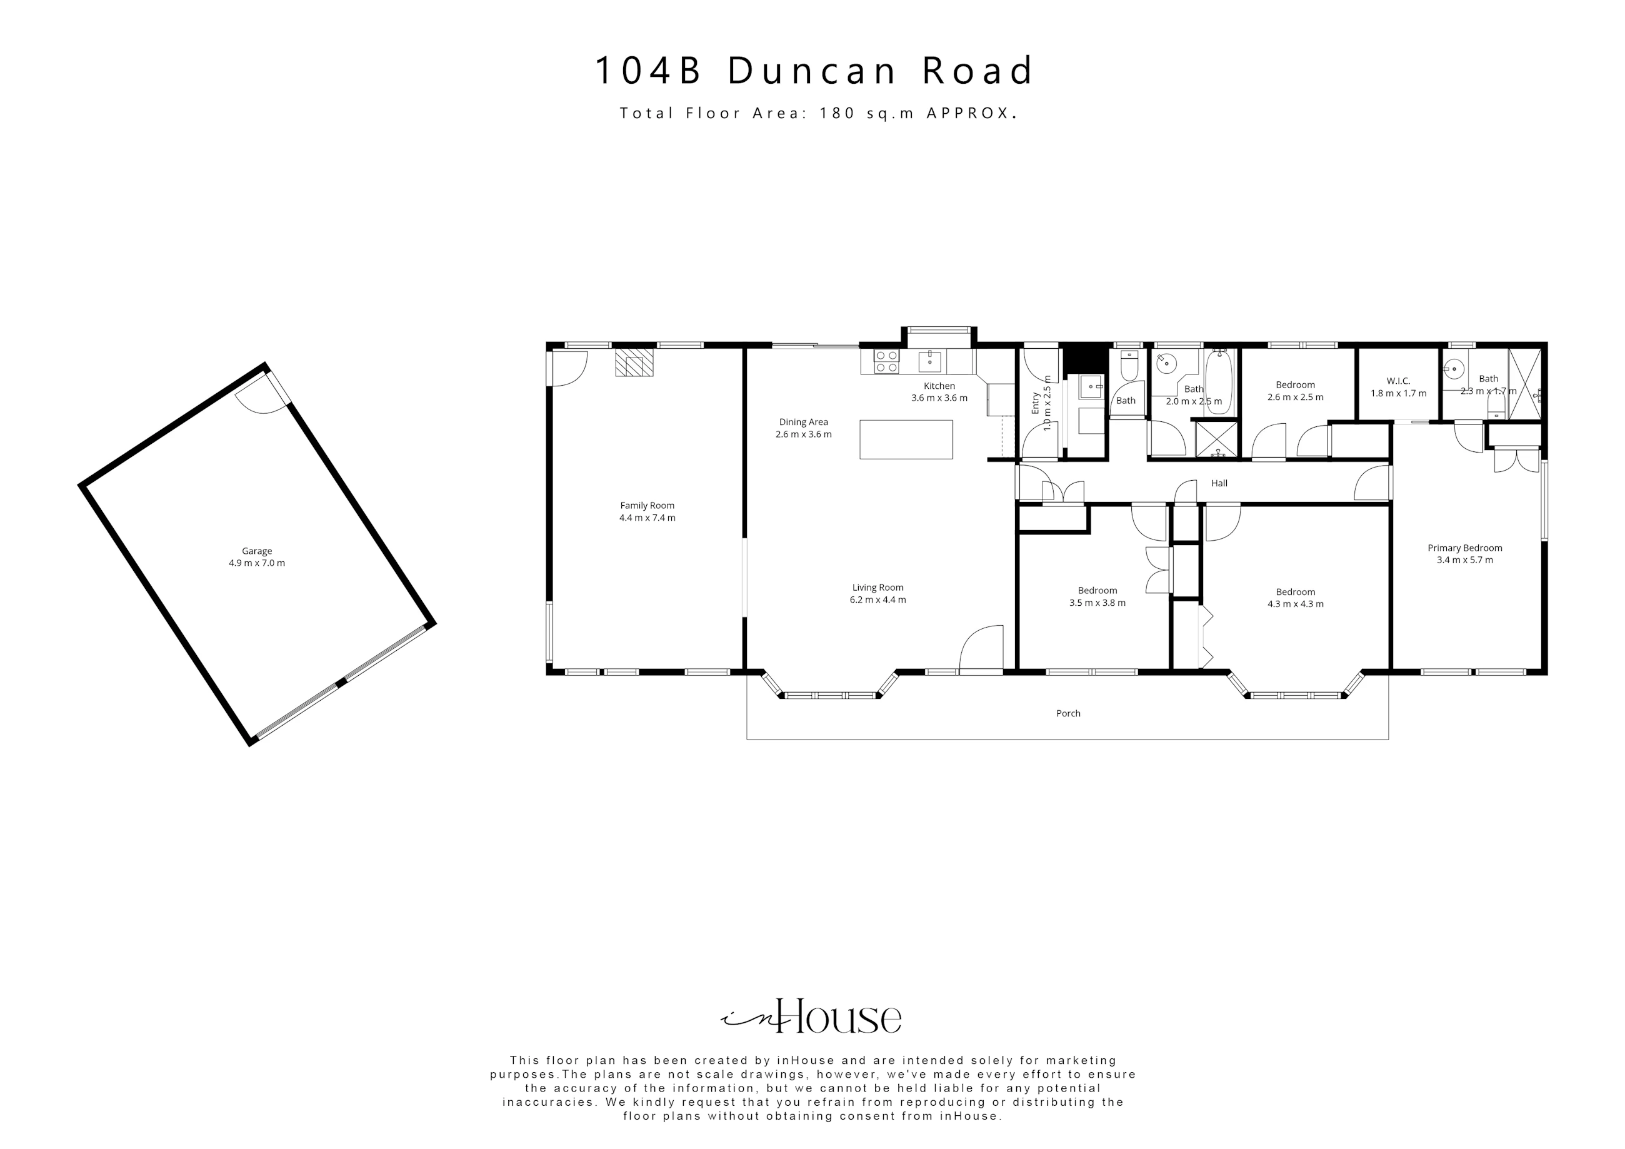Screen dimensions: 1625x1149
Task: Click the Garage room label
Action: [x=257, y=551]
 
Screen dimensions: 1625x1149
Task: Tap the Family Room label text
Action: [x=647, y=506]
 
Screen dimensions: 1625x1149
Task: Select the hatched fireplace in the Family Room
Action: [x=634, y=362]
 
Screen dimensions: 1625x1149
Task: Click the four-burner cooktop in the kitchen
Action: [x=886, y=361]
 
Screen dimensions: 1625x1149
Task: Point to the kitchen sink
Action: [x=930, y=361]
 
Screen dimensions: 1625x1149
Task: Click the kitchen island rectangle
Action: [x=906, y=439]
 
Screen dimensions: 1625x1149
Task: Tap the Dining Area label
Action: [x=803, y=422]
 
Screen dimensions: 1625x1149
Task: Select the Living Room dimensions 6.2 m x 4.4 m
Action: [x=877, y=600]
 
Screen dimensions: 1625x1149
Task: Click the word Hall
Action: [x=1219, y=483]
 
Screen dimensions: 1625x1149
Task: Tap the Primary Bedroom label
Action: [x=1465, y=548]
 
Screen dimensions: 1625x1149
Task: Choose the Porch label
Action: [x=1068, y=714]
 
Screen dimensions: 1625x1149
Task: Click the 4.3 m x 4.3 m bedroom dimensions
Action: [x=1295, y=604]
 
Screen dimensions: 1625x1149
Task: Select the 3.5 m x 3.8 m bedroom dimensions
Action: [x=1097, y=603]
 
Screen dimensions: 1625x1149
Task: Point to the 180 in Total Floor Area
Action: [x=837, y=113]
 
